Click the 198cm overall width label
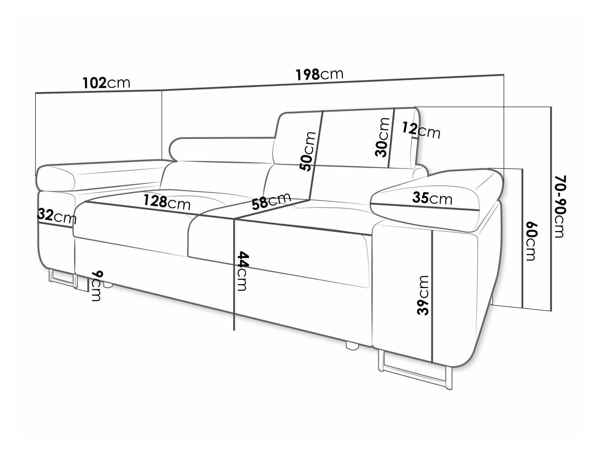319,75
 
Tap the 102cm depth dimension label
106,83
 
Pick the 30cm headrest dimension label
382,137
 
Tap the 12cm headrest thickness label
421,130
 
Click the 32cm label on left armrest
57,216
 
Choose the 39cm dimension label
423,295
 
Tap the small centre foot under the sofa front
352,345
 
